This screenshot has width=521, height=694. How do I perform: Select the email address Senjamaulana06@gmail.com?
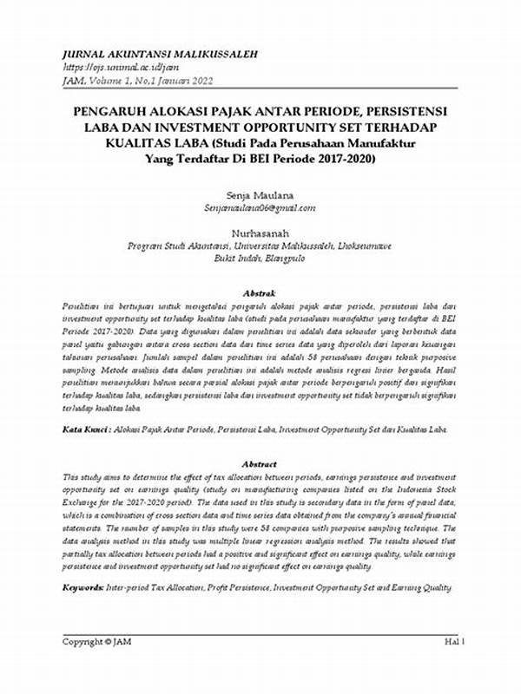coord(260,208)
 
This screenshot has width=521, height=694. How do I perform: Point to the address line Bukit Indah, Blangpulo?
coord(260,259)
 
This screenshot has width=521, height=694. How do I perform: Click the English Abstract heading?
coord(260,464)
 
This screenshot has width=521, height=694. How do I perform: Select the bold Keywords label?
coord(85,587)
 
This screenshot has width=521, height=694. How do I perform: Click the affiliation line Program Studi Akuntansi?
coord(260,246)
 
